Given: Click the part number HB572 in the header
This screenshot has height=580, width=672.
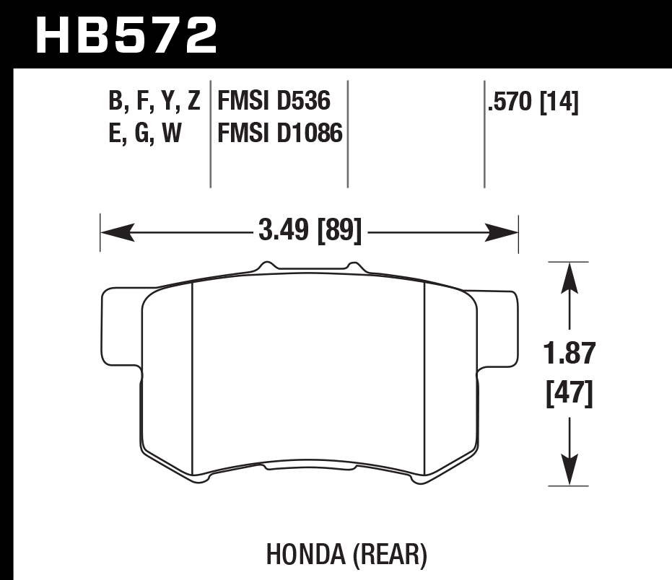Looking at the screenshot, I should point(126,34).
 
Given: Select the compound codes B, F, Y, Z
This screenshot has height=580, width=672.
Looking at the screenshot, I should point(154,102).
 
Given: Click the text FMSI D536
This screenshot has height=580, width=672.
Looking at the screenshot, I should point(274,102).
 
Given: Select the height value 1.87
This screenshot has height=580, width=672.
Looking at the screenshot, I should point(570,355).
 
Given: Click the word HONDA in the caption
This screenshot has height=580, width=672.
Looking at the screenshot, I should point(305,555).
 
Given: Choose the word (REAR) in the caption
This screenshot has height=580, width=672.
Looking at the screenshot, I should point(390,555).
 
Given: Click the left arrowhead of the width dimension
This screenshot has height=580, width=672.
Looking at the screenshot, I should point(115,232).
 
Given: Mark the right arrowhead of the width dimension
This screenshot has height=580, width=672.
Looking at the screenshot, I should point(503,232).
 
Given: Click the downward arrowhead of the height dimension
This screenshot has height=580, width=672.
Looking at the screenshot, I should point(570,470).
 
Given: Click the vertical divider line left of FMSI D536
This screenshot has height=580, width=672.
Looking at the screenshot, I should point(210,133).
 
